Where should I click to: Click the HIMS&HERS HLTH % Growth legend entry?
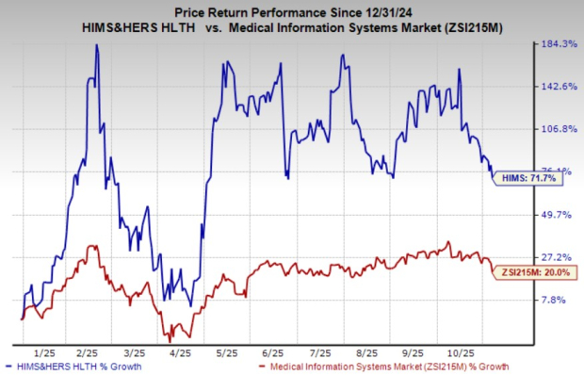[x=75, y=365]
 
